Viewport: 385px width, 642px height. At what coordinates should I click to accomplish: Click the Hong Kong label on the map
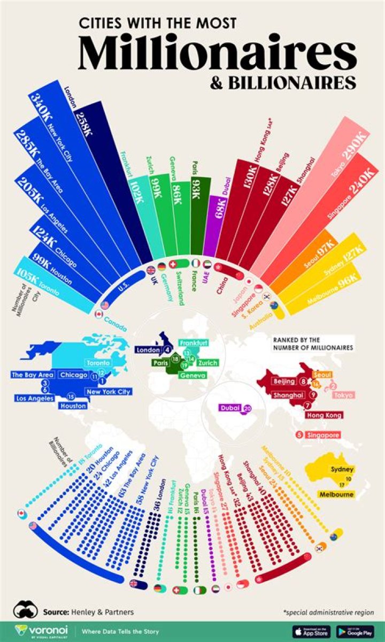(x=323, y=415)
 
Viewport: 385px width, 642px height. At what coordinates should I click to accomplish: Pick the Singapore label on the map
(x=322, y=435)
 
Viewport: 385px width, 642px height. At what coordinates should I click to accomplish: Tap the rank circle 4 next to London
(x=168, y=350)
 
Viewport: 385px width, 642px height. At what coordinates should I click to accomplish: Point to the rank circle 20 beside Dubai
(x=247, y=408)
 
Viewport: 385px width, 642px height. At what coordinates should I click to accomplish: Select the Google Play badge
(x=355, y=631)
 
